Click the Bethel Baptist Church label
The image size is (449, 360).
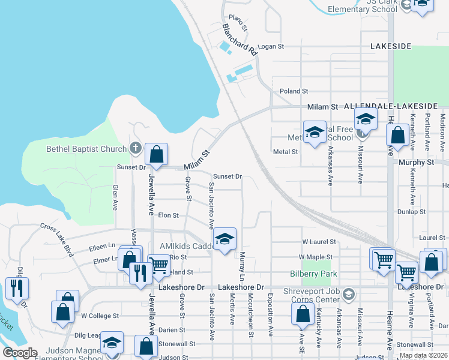pyautogui.click(x=86, y=149)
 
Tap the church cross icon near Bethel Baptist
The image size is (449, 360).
pyautogui.click(x=136, y=148)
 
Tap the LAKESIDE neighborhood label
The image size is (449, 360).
pyautogui.click(x=391, y=46)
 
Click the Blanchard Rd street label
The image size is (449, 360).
pyautogui.click(x=240, y=40)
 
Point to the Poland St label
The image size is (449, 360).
pyautogui.click(x=294, y=91)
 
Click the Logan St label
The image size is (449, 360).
pyautogui.click(x=271, y=46)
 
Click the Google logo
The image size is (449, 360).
pyautogui.click(x=20, y=352)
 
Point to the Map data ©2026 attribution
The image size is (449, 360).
pyautogui.click(x=423, y=355)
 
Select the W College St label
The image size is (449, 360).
pyautogui.click(x=100, y=315)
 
